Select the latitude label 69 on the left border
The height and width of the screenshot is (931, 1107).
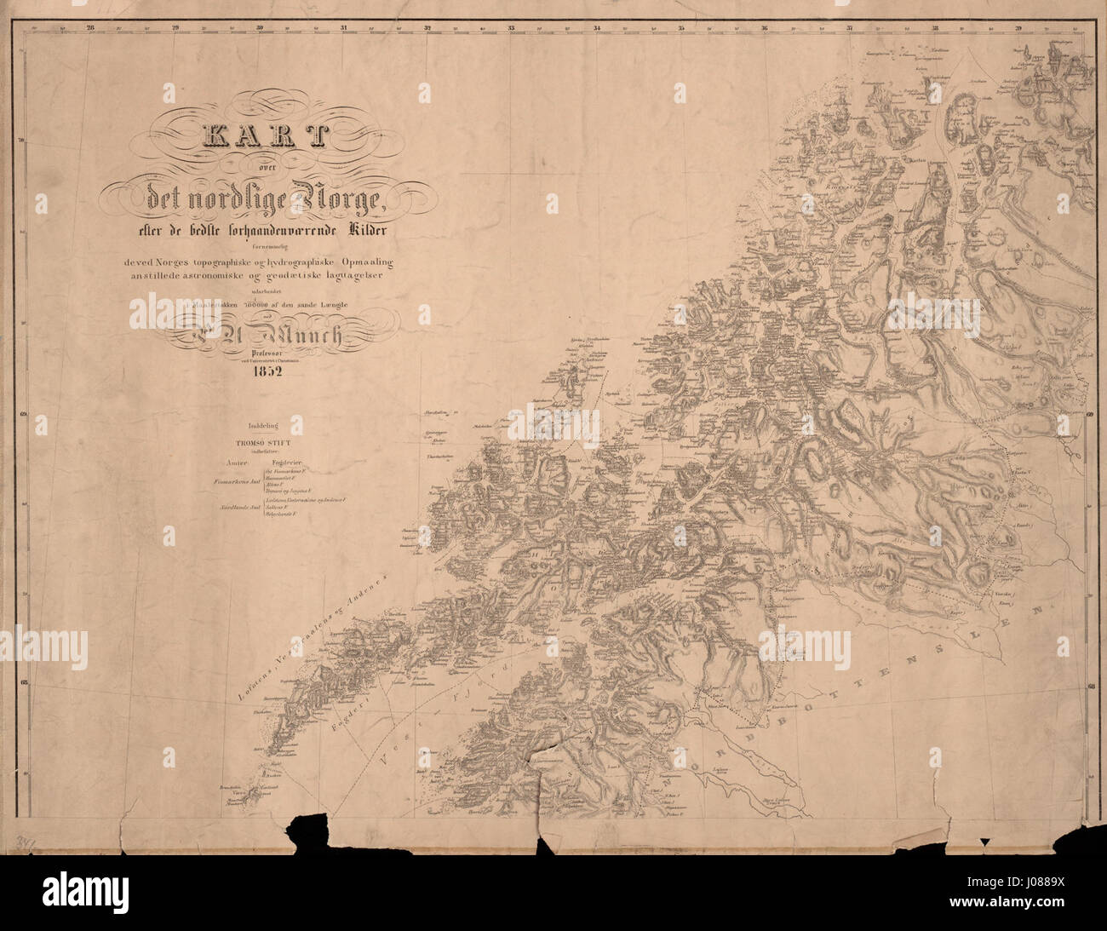click(x=24, y=415)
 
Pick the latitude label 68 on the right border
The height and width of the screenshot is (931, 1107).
click(x=1091, y=683)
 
